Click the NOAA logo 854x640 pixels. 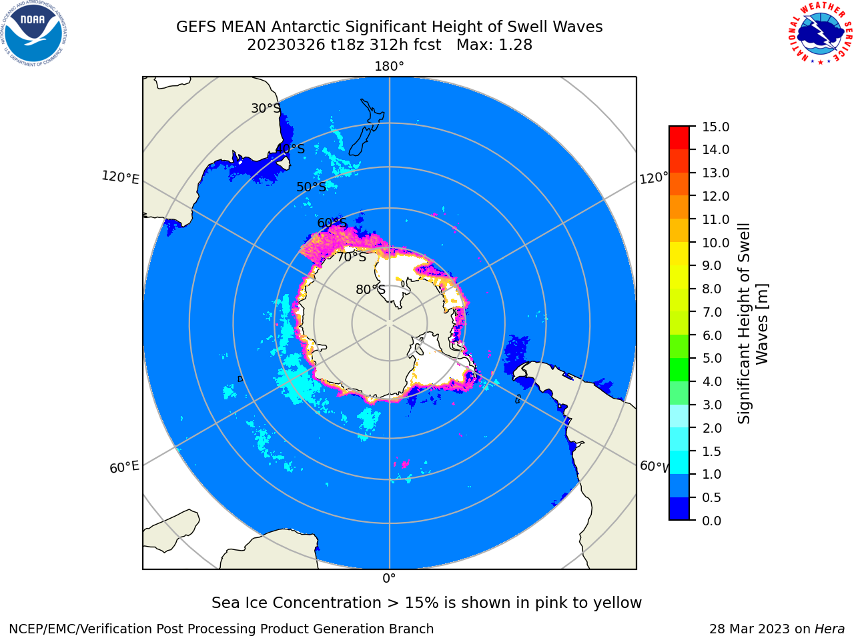[34, 33]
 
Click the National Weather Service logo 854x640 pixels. [820, 33]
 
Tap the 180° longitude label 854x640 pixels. [389, 67]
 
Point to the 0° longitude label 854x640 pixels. [389, 579]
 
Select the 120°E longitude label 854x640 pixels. [120, 177]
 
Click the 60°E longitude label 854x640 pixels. [124, 467]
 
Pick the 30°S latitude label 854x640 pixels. [266, 108]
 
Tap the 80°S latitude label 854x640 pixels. [370, 289]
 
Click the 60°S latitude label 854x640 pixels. [332, 223]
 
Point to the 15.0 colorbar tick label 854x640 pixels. [715, 127]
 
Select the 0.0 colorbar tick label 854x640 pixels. [712, 521]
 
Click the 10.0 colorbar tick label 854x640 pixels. [715, 243]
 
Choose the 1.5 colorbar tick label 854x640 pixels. [712, 451]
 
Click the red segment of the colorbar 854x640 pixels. [679, 137]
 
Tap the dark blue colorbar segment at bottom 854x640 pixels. [679, 508]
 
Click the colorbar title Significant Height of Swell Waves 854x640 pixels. [753, 323]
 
